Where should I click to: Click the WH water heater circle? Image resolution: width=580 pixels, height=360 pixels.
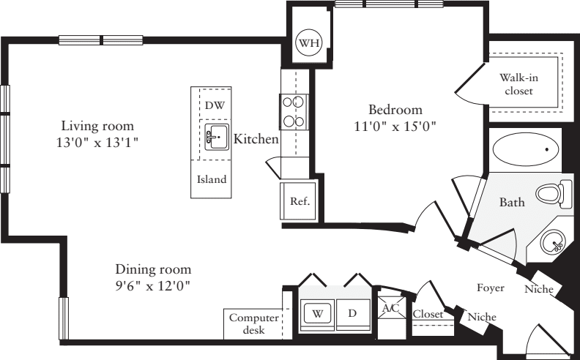coord(308,43)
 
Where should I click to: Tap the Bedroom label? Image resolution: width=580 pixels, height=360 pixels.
coord(394,110)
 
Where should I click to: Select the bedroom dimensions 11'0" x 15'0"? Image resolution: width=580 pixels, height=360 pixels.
coord(394,126)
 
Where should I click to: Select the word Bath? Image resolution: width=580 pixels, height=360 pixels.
coord(510,202)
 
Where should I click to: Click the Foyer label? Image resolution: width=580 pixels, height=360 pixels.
coord(491,288)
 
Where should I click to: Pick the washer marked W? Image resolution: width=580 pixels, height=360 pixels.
coord(319,313)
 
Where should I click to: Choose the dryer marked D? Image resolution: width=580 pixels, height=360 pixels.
coord(352,313)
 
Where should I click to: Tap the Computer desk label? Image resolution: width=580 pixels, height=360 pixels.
coord(253,324)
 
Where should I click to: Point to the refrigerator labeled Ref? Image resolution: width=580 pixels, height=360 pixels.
coord(299,200)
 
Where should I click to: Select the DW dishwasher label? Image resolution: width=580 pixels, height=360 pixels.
coord(214,105)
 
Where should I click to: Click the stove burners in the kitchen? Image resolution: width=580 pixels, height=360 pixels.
coord(293,112)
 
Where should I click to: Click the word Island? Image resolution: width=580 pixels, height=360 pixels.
coord(212,179)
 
